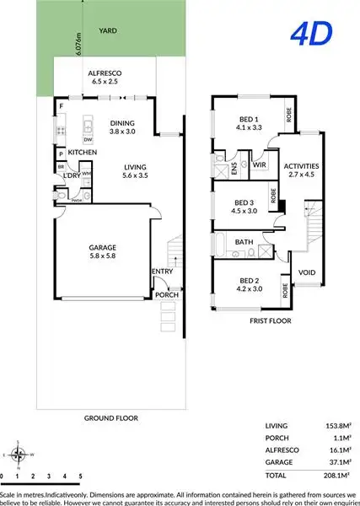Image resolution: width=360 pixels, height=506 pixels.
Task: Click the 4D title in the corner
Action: point(311,34)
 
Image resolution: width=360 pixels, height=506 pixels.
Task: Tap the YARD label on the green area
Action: point(107,30)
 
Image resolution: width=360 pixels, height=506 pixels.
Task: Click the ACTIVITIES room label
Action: point(301,166)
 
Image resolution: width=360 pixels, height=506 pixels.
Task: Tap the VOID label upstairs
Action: point(307,273)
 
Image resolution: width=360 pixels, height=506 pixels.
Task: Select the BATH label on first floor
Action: point(244,242)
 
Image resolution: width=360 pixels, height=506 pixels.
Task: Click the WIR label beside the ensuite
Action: point(260,165)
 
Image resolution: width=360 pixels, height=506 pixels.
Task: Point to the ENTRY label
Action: point(162,271)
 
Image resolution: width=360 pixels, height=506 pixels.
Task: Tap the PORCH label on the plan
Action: point(167,295)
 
